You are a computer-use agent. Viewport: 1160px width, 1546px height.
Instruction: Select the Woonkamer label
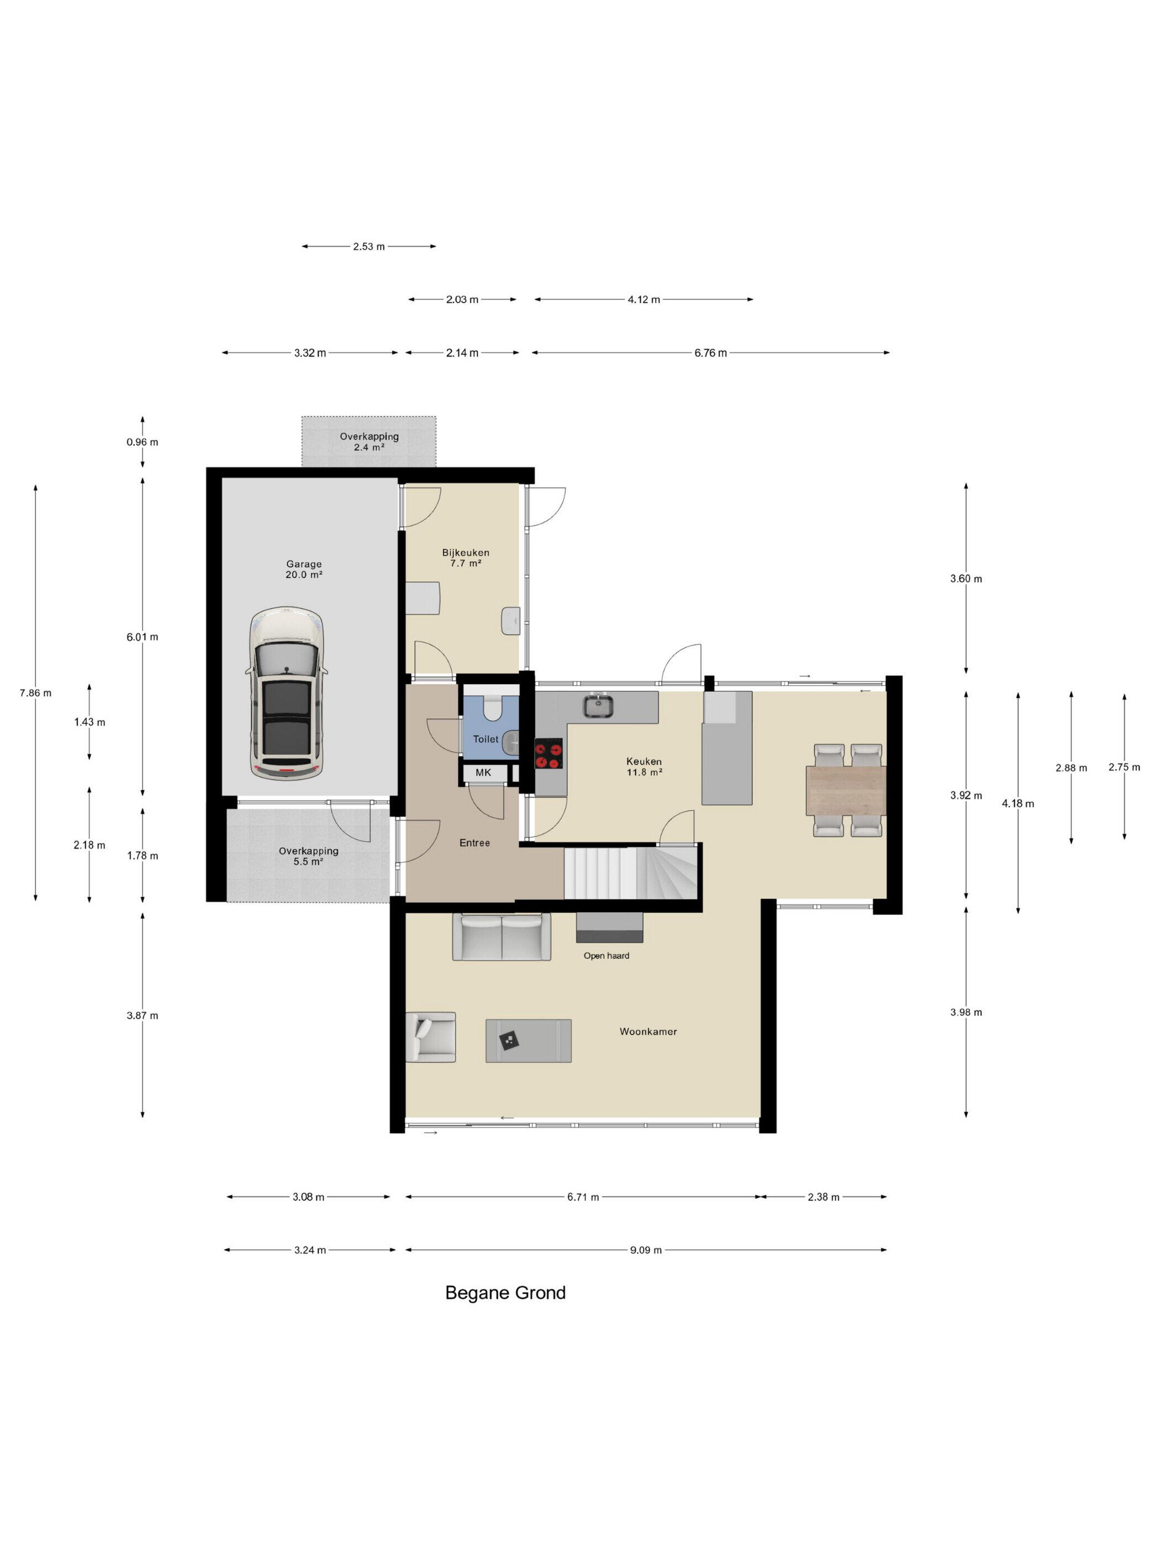pyautogui.click(x=648, y=1031)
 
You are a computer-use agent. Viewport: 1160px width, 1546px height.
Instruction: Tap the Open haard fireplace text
pyautogui.click(x=606, y=955)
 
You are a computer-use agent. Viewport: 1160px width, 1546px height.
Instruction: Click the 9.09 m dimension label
pyautogui.click(x=645, y=1249)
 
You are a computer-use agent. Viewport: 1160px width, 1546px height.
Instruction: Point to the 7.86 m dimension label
pyautogui.click(x=36, y=692)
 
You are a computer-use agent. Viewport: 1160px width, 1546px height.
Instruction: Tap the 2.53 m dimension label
pyautogui.click(x=368, y=246)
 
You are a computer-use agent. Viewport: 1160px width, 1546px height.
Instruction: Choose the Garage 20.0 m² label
pyautogui.click(x=303, y=569)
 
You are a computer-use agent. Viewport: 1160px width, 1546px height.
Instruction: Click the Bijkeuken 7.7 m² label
pyautogui.click(x=466, y=557)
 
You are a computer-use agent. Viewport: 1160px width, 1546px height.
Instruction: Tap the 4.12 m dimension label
pyautogui.click(x=644, y=299)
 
